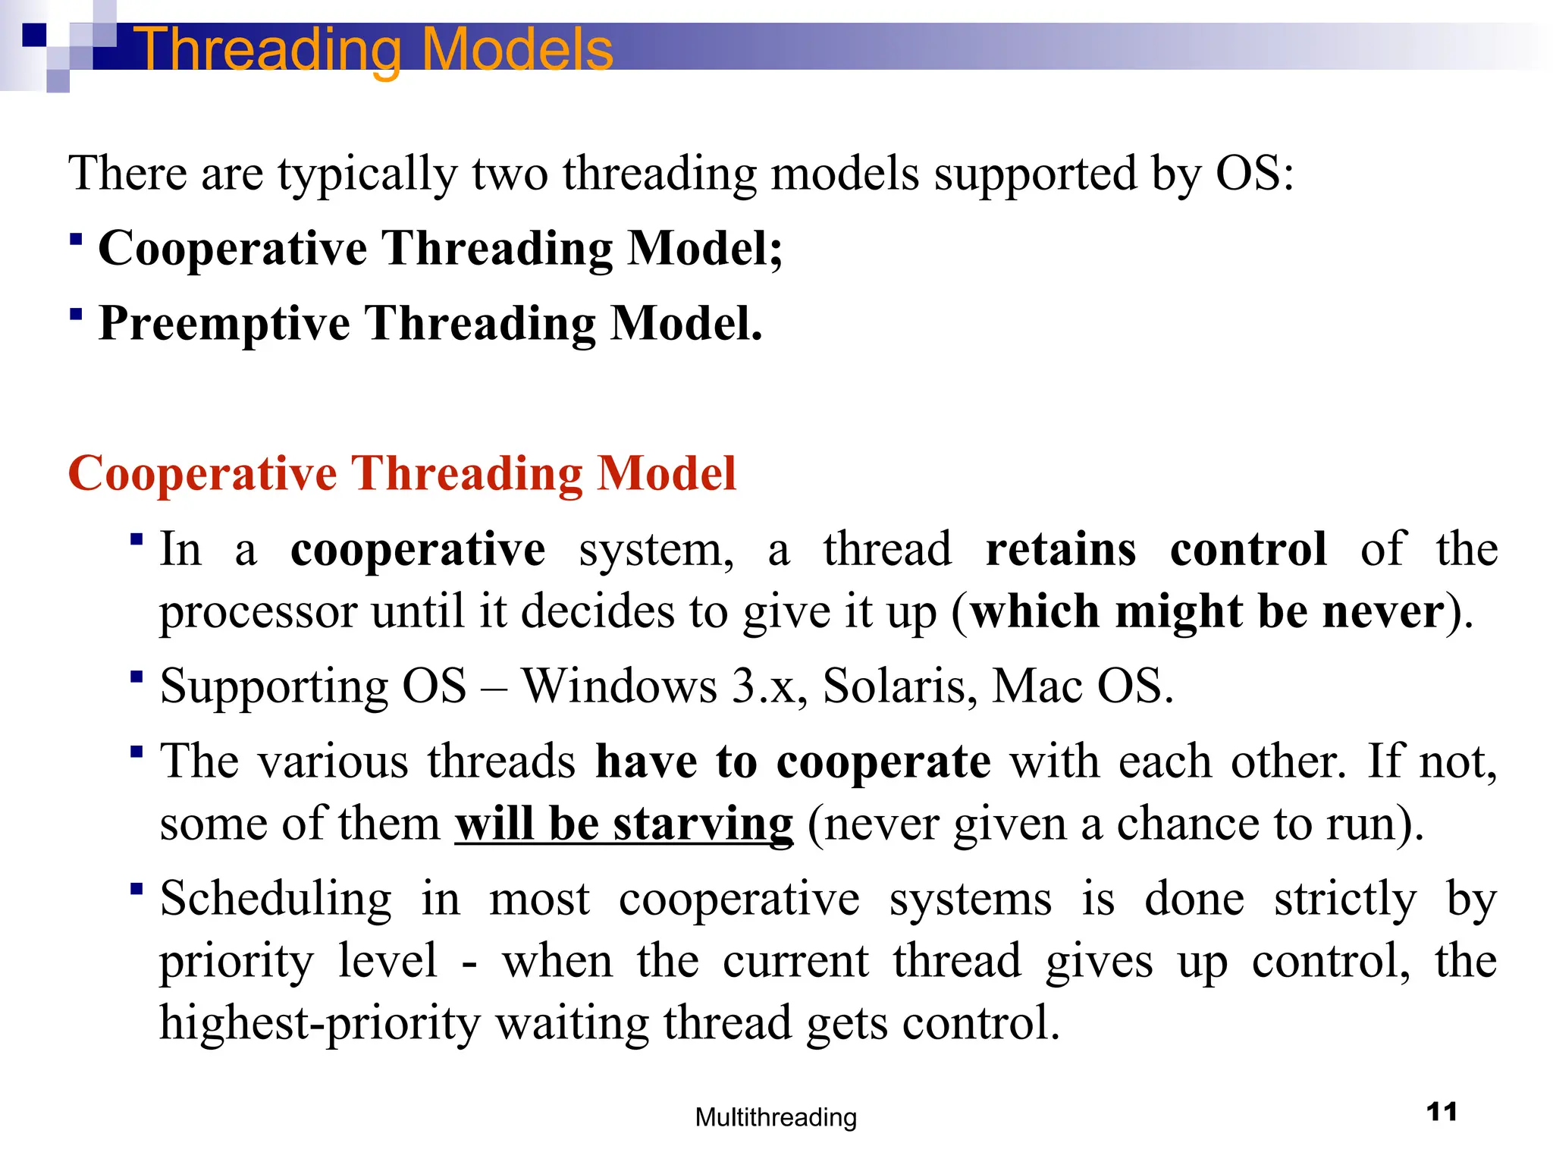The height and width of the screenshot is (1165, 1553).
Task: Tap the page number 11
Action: point(1442,1112)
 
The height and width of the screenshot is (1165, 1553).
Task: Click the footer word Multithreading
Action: point(776,1117)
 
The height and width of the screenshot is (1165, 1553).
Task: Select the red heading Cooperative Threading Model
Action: point(402,473)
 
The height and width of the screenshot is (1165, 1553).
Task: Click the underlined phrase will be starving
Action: point(624,824)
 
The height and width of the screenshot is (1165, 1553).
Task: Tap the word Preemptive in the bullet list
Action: point(224,324)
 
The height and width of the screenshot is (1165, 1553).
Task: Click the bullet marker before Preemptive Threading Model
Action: point(75,313)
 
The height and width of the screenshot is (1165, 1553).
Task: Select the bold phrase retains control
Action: point(1156,548)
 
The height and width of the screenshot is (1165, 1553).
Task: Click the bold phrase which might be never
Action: point(1207,611)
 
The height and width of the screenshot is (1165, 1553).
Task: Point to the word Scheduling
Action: point(276,899)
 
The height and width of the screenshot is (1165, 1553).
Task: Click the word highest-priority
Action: point(320,1022)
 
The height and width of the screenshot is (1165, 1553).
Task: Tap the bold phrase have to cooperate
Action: point(792,761)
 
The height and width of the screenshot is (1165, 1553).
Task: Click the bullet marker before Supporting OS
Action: point(136,676)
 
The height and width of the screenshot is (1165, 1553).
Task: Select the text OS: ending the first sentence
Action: point(1254,173)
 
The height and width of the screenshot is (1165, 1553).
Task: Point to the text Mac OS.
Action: point(1082,686)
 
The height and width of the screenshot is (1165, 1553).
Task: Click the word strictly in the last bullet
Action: point(1344,900)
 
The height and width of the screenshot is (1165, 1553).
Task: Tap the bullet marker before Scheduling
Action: point(136,888)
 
